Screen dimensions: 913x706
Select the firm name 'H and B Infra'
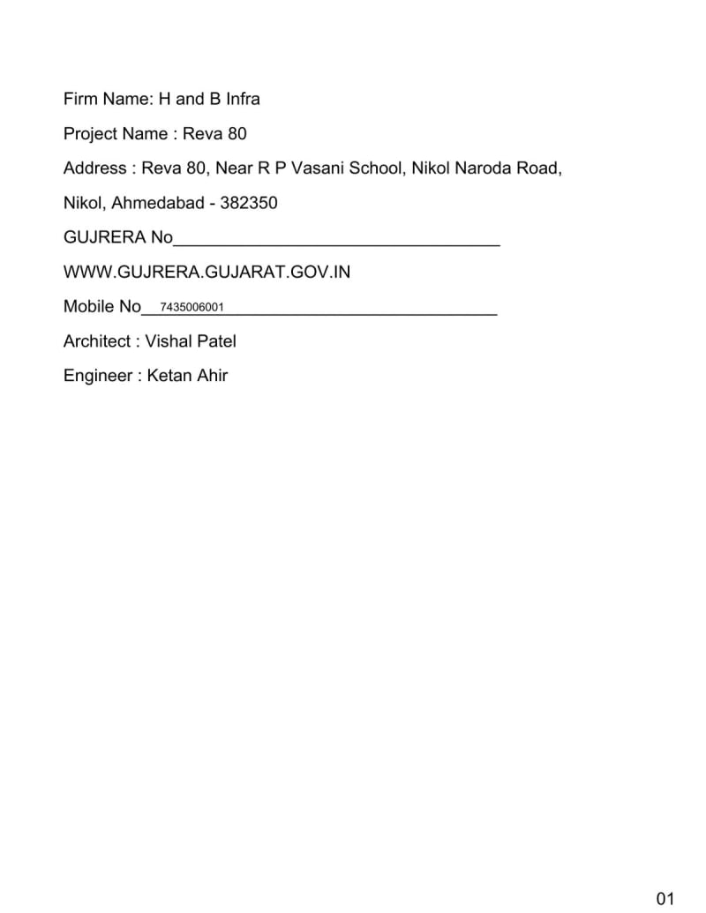pos(209,99)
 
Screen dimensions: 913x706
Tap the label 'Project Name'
pos(116,133)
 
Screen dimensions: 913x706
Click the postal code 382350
pos(249,203)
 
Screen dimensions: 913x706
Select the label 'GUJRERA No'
pos(118,237)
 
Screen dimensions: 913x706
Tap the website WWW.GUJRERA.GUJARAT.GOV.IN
pos(207,272)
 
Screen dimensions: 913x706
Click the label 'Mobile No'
pos(102,306)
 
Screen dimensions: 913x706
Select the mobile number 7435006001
pos(192,307)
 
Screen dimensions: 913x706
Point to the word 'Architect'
pos(97,341)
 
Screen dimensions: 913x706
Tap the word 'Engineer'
pos(96,375)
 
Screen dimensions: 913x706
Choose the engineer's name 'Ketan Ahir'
pos(187,375)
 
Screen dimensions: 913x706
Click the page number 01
pos(665,899)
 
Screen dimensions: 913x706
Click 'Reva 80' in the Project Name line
pos(214,133)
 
